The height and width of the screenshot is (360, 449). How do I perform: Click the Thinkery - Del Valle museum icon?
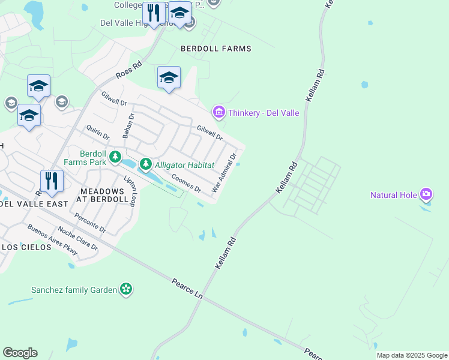218,112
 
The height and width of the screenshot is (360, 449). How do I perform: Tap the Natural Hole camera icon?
426,193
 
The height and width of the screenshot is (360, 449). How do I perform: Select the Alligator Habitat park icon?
145,164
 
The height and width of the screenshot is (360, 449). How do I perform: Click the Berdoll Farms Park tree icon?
115,158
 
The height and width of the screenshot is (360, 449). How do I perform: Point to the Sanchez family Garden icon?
125,289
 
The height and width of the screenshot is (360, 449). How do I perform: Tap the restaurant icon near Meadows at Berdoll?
52,180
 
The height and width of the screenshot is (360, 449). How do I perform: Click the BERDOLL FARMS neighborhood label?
216,48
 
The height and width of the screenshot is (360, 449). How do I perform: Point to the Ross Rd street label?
128,70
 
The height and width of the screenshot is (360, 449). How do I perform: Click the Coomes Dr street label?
186,183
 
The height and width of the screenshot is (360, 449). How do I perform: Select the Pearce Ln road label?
187,289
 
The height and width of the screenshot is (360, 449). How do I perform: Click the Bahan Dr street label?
128,125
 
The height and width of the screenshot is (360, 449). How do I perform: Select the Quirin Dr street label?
97,133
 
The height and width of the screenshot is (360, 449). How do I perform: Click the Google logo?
20,353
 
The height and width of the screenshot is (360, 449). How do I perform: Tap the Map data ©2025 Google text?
412,355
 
